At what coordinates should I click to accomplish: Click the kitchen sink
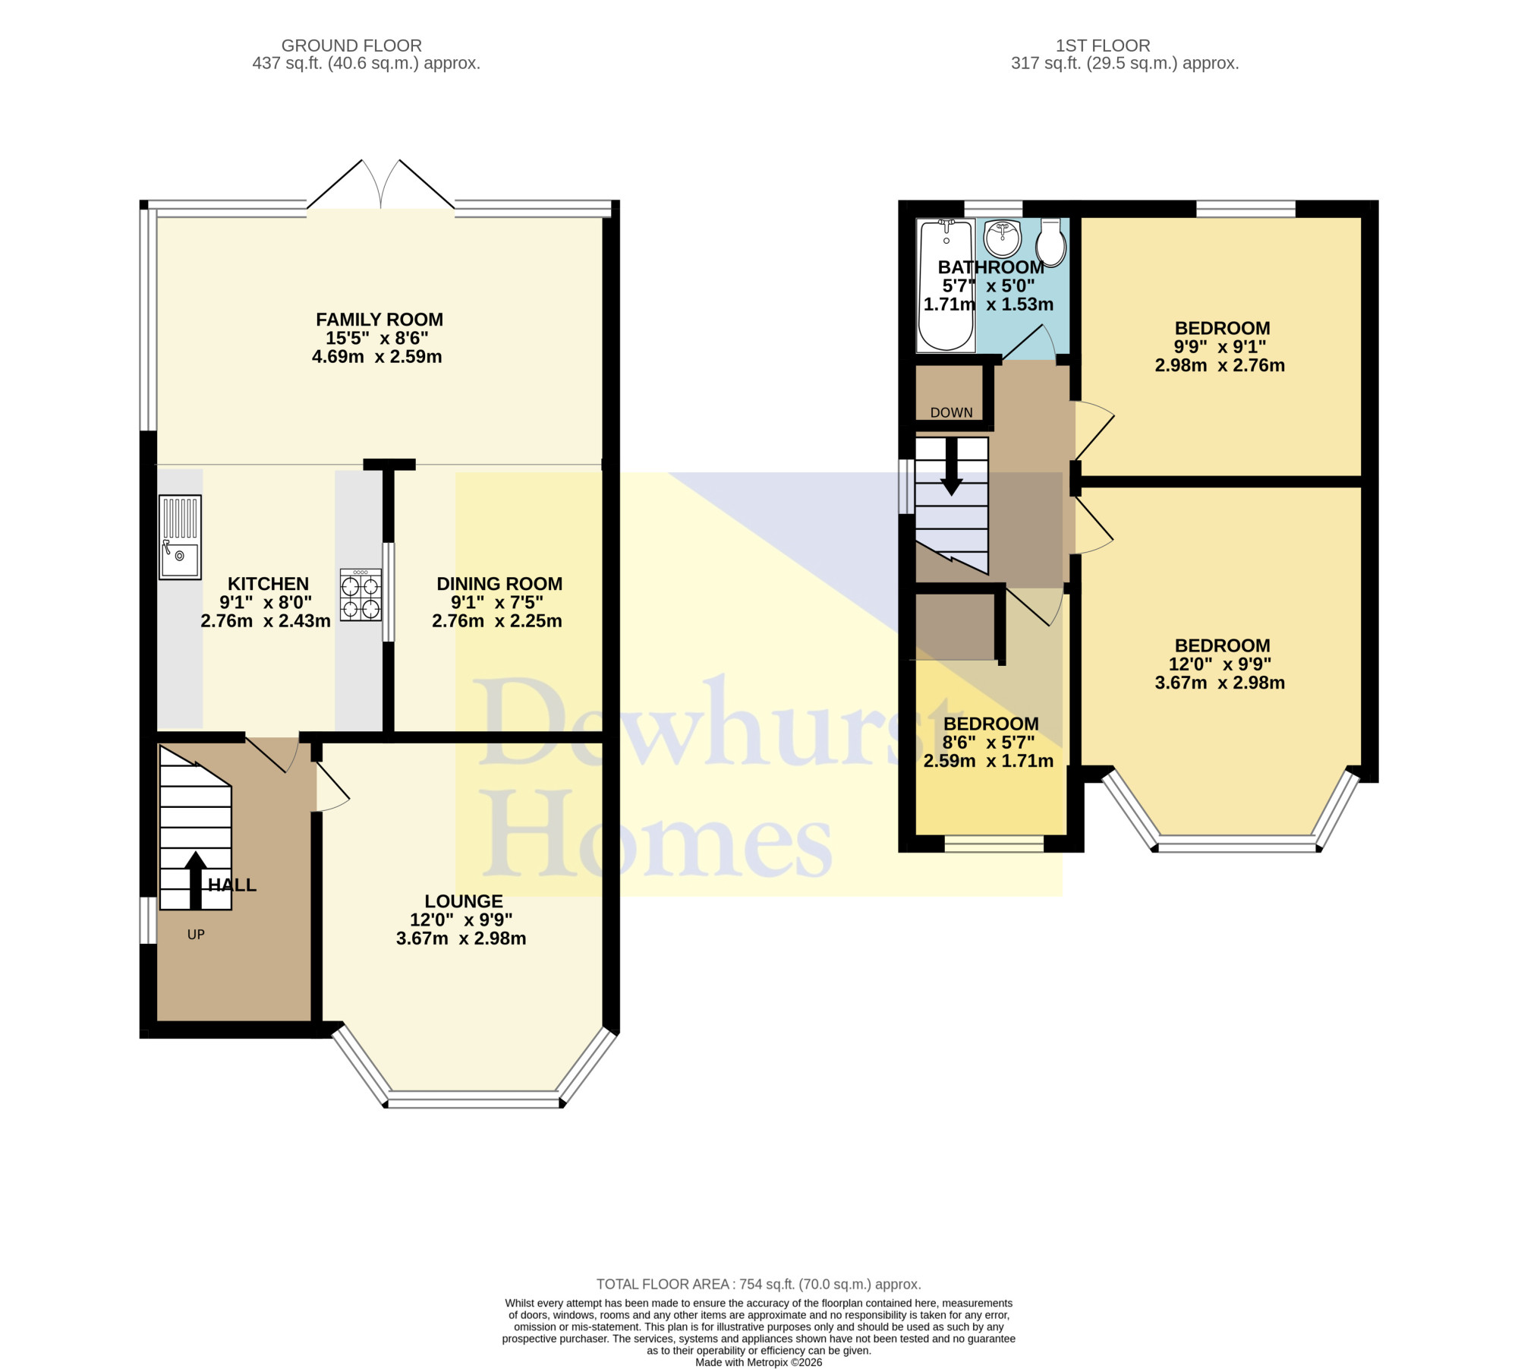pyautogui.click(x=180, y=537)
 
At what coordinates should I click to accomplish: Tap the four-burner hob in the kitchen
pyautogui.click(x=361, y=595)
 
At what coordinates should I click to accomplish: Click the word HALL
pyautogui.click(x=232, y=885)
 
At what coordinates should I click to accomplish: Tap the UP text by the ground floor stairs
pyautogui.click(x=196, y=935)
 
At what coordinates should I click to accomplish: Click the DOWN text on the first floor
pyautogui.click(x=952, y=412)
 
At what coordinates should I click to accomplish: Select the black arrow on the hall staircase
pyautogui.click(x=196, y=880)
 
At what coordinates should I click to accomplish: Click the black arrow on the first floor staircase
pyautogui.click(x=951, y=467)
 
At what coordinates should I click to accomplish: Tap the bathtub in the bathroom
pyautogui.click(x=946, y=285)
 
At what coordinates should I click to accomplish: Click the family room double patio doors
pyautogui.click(x=381, y=185)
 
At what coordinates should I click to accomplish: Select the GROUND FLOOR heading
pyautogui.click(x=351, y=46)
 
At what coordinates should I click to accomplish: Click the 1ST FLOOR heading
pyautogui.click(x=1103, y=46)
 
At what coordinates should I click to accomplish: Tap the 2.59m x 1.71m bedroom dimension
pyautogui.click(x=988, y=761)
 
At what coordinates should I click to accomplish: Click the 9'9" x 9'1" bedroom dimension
pyautogui.click(x=1220, y=347)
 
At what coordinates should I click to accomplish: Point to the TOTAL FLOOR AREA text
pyautogui.click(x=758, y=1284)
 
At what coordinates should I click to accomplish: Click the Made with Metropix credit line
pyautogui.click(x=758, y=1362)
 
